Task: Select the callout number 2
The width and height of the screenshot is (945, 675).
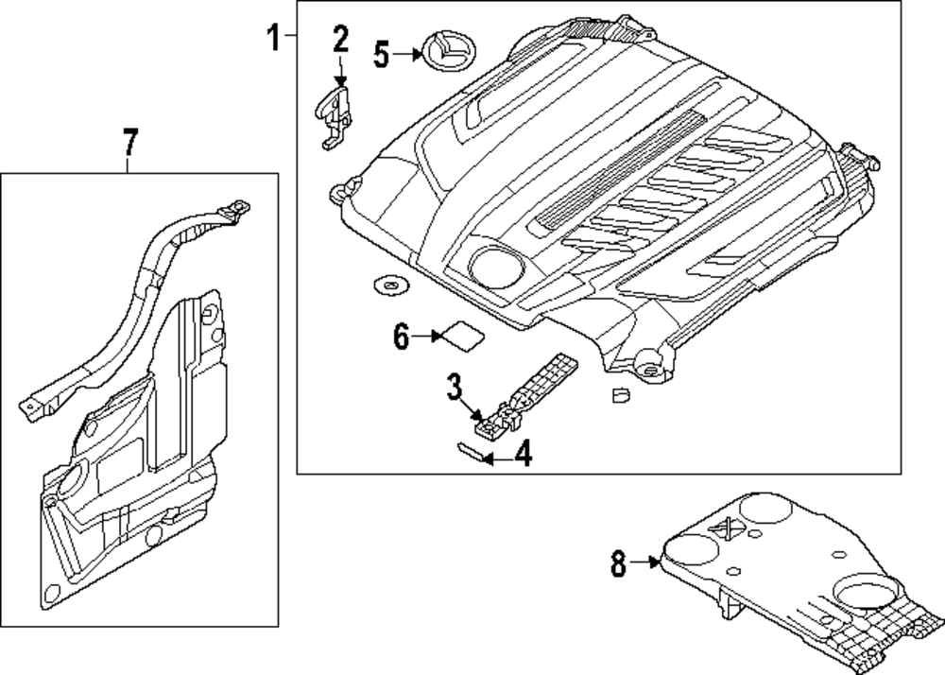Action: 340,40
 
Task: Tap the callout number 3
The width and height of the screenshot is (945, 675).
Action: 454,387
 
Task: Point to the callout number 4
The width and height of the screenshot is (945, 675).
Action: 523,457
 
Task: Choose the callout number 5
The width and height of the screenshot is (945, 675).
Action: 381,54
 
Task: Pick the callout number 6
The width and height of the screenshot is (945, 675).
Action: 401,336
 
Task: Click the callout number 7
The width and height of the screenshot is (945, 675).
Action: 129,144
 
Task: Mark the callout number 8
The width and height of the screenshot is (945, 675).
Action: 618,564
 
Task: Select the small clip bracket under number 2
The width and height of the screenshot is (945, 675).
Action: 332,114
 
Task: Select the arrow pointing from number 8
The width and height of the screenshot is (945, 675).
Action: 647,563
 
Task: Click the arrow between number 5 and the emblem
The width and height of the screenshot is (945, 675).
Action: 407,54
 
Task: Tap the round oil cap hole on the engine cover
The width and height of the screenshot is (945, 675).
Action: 493,267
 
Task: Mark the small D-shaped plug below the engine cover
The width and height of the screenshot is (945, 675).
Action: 620,395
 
